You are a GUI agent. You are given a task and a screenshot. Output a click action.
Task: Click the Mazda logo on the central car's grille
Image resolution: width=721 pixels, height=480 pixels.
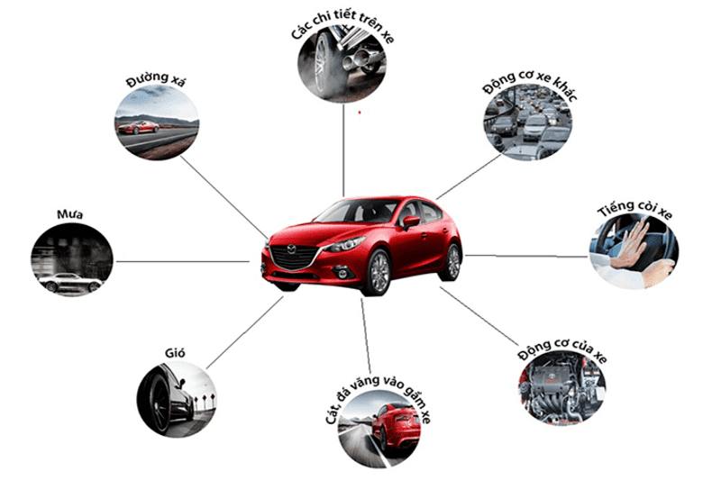pos(291,249)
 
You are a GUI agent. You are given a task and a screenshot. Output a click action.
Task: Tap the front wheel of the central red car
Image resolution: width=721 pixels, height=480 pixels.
pos(379,272)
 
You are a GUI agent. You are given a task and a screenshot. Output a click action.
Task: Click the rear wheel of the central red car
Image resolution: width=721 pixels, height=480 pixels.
pos(452,262)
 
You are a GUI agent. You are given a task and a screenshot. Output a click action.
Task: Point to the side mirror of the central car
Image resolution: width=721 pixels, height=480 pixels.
pos(411,222)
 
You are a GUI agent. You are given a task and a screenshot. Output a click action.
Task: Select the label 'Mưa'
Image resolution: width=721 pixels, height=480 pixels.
pos(70,214)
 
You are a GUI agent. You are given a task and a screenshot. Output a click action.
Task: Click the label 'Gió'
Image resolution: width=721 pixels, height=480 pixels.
pos(175,353)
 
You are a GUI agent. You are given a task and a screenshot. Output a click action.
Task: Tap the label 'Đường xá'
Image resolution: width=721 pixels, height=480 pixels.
pos(156,79)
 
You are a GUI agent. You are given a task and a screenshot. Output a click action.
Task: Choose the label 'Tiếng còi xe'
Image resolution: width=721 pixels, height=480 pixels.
pos(635,209)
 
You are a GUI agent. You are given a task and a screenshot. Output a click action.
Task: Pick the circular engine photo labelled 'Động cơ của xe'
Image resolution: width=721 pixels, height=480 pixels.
pos(561,388)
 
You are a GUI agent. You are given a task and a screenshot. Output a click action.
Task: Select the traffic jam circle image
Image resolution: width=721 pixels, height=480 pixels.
pos(528,122)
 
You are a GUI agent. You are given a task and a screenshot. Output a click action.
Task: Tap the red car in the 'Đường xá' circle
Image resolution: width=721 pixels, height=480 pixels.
pos(139,127)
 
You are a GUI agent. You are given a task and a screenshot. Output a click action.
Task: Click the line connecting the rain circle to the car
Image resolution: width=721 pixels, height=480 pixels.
pos(183,262)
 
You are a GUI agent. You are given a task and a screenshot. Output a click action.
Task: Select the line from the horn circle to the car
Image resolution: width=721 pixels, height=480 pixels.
pos(526,256)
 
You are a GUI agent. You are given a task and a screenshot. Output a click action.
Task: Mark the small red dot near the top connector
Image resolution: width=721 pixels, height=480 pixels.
pos(360,112)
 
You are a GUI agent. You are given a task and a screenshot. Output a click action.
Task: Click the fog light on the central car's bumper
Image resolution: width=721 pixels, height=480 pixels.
pos(342,274)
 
